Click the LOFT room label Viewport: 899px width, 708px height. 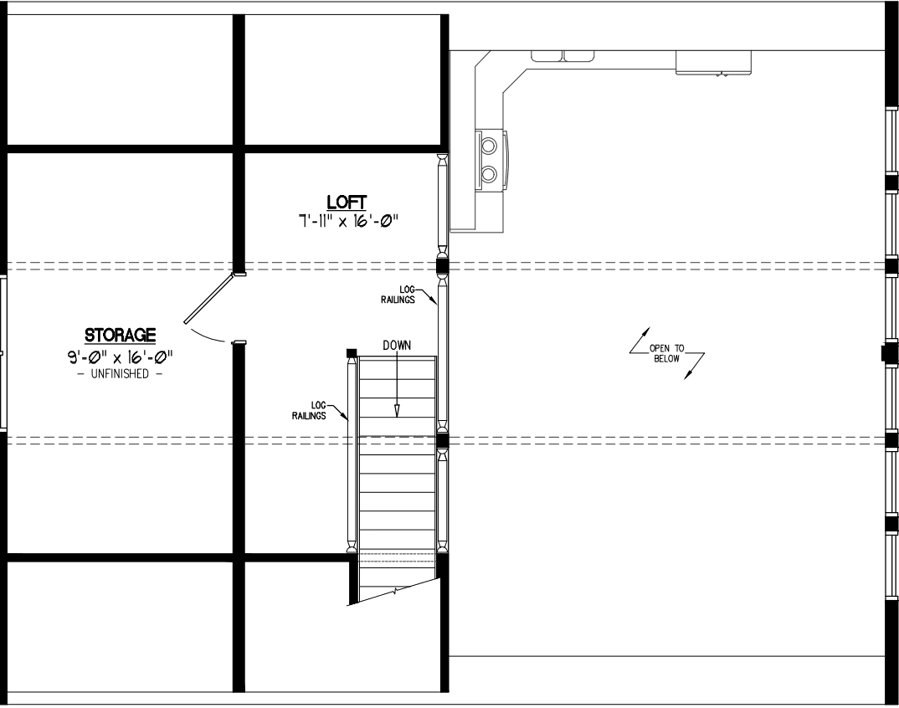click(347, 203)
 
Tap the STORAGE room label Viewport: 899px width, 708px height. click(120, 335)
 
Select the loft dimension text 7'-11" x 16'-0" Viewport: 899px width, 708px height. click(347, 221)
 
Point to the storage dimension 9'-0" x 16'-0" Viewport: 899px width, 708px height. click(120, 357)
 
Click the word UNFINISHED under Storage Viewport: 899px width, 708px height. click(120, 374)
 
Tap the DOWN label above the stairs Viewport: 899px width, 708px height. click(397, 345)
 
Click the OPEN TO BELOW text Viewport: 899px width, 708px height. click(666, 353)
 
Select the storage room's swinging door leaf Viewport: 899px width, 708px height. click(208, 298)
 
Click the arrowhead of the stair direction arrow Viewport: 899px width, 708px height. click(396, 410)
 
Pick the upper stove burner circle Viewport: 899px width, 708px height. click(489, 146)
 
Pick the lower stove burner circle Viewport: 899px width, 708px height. click(489, 172)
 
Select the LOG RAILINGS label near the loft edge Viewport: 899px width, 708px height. click(398, 295)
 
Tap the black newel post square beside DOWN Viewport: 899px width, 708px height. click(352, 352)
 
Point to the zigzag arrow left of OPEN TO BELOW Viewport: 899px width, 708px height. click(640, 341)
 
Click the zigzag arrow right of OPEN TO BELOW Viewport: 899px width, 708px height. click(694, 367)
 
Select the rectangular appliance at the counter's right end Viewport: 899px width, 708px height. click(713, 63)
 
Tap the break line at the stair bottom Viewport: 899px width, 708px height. click(395, 591)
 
